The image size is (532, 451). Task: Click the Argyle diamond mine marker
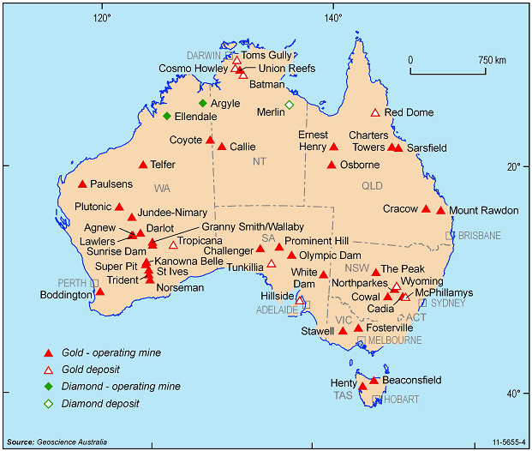[203, 103]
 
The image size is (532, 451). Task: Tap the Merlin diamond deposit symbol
[289, 105]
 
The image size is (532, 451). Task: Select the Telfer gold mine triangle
[143, 165]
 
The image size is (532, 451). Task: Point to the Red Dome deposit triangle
[374, 112]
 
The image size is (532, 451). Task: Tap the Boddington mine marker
[100, 292]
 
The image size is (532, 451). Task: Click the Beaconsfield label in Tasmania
[411, 380]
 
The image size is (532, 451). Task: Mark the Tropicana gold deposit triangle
[173, 245]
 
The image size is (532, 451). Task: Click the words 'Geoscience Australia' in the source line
[74, 442]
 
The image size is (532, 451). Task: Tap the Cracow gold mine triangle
[426, 208]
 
